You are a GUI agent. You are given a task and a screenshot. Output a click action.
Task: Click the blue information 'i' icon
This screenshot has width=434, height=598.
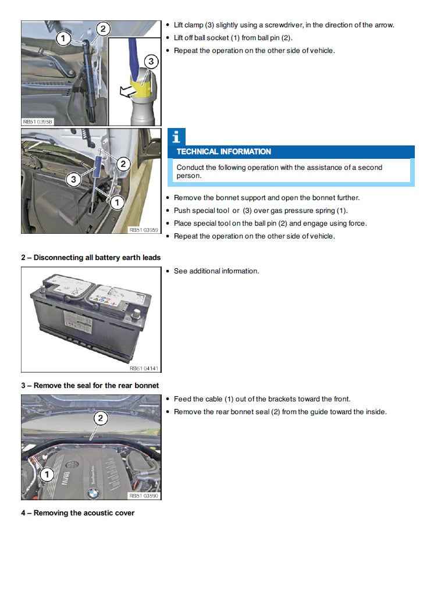pyautogui.click(x=176, y=137)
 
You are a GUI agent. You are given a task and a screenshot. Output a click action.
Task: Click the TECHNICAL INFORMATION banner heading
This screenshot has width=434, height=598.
pyautogui.click(x=224, y=152)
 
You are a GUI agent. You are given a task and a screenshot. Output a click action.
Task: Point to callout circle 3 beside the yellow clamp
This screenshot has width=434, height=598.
pyautogui.click(x=151, y=61)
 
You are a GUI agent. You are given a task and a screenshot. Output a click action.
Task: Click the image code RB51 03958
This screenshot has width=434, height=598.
pyautogui.click(x=38, y=122)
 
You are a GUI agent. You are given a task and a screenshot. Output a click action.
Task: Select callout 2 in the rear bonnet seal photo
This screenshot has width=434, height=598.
pyautogui.click(x=100, y=418)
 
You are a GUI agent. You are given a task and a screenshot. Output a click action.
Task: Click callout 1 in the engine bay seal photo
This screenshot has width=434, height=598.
pyautogui.click(x=47, y=475)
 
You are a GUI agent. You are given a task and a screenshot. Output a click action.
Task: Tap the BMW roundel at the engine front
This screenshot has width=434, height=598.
pyautogui.click(x=91, y=493)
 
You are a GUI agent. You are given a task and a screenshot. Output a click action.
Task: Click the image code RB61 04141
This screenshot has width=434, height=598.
pyautogui.click(x=144, y=368)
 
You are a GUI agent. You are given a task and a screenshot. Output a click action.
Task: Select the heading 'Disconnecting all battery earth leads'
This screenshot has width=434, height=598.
pyautogui.click(x=91, y=257)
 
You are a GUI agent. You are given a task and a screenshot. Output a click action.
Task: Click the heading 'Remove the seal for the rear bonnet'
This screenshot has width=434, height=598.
pyautogui.click(x=90, y=385)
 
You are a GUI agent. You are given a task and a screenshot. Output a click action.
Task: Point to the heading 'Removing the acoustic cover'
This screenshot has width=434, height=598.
pyautogui.click(x=78, y=512)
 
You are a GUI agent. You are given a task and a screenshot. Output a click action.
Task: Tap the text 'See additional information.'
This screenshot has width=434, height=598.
pyautogui.click(x=216, y=271)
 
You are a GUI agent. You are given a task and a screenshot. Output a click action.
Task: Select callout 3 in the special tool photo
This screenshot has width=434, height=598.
pyautogui.click(x=73, y=179)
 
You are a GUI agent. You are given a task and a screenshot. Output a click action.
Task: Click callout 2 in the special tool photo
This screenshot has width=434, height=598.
pyautogui.click(x=123, y=164)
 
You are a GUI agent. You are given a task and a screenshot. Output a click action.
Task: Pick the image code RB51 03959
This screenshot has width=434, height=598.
pyautogui.click(x=144, y=230)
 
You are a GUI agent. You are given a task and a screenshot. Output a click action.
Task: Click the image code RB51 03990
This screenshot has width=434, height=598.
pyautogui.click(x=144, y=496)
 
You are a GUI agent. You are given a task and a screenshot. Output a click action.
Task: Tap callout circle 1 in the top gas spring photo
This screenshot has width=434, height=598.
pyautogui.click(x=64, y=38)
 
